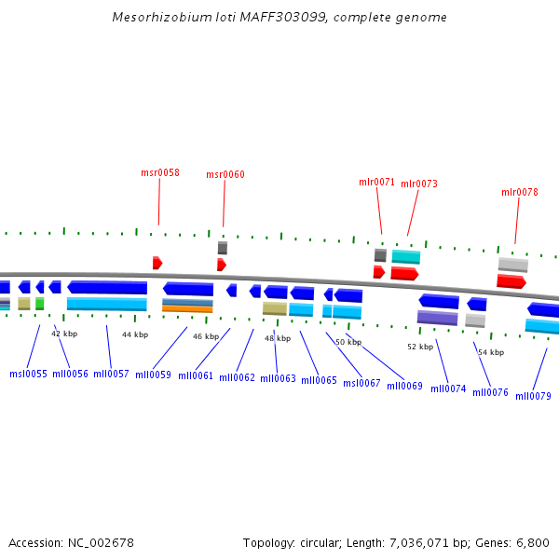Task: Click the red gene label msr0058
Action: [160, 172]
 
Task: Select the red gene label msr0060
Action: [225, 174]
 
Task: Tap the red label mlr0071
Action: [377, 182]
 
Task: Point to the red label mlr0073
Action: [419, 184]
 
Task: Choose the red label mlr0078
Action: [520, 192]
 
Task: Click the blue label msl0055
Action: [28, 374]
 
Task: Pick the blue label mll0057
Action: [111, 374]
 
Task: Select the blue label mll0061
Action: [196, 375]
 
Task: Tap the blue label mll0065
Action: [319, 380]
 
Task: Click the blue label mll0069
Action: [404, 386]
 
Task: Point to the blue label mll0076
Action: [490, 392]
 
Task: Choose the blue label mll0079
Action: [533, 396]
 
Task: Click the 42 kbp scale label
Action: [64, 333]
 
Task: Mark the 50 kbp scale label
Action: [348, 342]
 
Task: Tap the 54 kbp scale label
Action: [491, 352]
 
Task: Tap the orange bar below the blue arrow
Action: [187, 308]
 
